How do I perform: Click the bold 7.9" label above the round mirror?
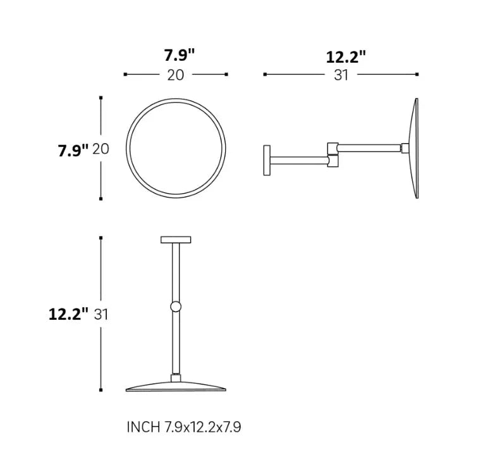tap(180, 55)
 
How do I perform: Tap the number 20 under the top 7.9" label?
tap(176, 75)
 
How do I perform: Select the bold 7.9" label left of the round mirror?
tap(73, 150)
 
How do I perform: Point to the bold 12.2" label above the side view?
tap(346, 57)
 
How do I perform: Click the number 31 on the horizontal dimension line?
tap(341, 75)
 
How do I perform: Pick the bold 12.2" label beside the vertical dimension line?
tap(68, 314)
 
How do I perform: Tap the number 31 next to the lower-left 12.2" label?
tap(101, 315)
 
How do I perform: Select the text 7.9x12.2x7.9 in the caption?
tap(203, 427)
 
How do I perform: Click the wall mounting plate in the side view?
tap(267, 160)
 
